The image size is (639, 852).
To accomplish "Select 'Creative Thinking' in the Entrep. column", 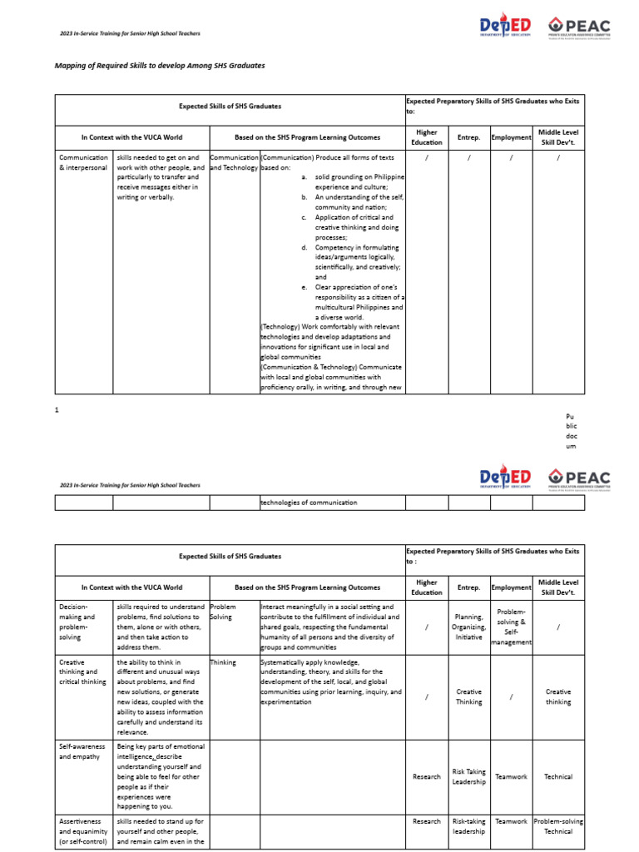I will (468, 696).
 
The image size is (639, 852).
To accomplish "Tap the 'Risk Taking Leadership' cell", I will (468, 776).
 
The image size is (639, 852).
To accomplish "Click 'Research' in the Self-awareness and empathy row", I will (426, 776).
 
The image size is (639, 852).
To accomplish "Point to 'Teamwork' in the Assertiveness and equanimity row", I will (511, 821).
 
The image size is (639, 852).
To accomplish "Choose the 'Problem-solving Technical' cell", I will (558, 826).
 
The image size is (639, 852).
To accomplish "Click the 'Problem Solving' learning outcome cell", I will (224, 612).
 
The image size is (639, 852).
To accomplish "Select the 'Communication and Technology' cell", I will (234, 162).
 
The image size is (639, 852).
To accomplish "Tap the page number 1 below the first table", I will (57, 409).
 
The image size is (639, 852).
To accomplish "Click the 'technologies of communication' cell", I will (309, 503).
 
